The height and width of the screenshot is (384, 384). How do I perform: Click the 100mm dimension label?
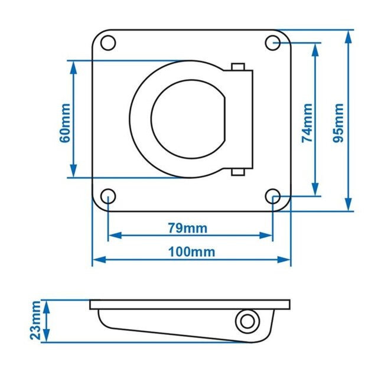[192, 252]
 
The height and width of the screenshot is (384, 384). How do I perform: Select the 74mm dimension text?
[307, 123]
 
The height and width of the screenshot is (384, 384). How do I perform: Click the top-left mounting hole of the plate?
[108, 43]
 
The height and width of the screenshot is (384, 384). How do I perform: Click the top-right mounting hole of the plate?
[272, 43]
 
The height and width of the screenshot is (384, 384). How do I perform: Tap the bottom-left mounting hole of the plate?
[108, 196]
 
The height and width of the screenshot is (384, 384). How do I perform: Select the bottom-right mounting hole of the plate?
[272, 196]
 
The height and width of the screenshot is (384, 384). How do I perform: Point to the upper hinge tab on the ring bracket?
[239, 67]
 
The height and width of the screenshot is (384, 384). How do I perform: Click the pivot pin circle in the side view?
[246, 321]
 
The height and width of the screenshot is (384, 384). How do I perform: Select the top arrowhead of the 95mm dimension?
[349, 35]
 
